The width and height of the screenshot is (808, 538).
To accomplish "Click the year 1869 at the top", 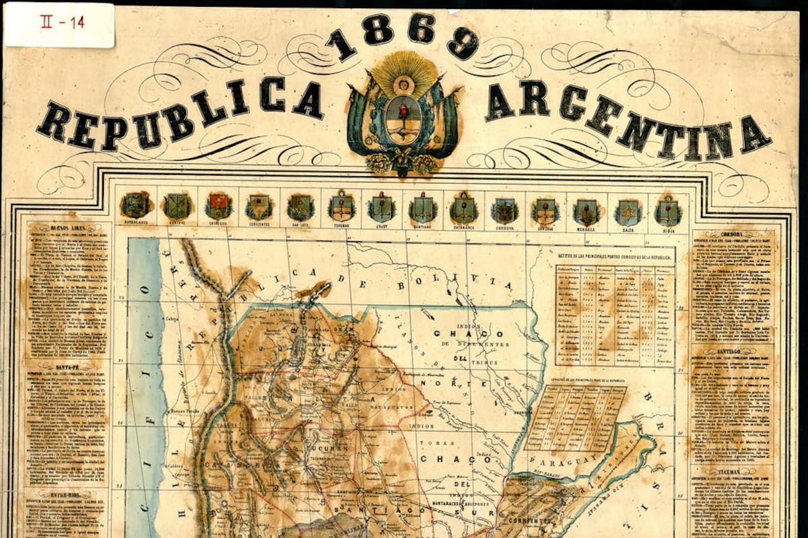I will (x=402, y=37).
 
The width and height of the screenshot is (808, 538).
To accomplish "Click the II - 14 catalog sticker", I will (x=59, y=24).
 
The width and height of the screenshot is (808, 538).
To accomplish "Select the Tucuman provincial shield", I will (x=341, y=206).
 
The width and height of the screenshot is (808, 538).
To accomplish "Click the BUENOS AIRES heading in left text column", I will (x=67, y=229).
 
